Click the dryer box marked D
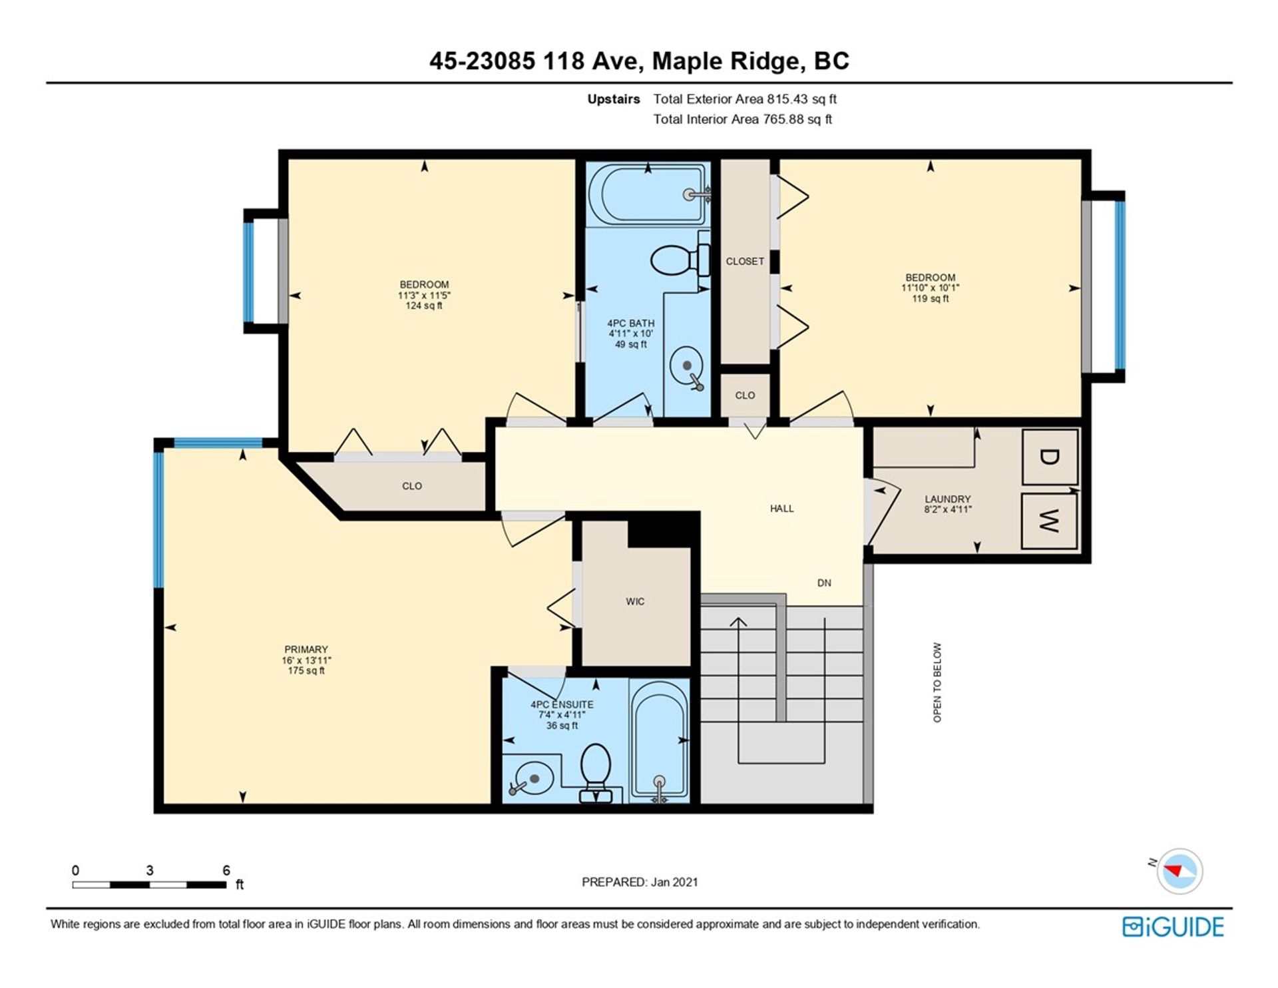coord(1050,457)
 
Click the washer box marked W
coord(1050,521)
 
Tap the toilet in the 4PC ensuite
coord(596,772)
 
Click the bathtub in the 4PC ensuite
coord(659,740)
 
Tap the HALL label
coord(781,509)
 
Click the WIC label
coord(635,602)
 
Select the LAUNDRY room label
coord(947,499)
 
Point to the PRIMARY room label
coord(306,649)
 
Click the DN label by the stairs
coord(824,583)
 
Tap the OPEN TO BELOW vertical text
coord(937,682)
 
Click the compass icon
coord(1179,870)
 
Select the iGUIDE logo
coord(1173,927)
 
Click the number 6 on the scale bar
coord(226,870)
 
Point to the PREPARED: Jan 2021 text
coord(640,882)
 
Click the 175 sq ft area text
coord(306,670)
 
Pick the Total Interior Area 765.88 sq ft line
coord(742,119)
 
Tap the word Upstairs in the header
coord(613,99)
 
